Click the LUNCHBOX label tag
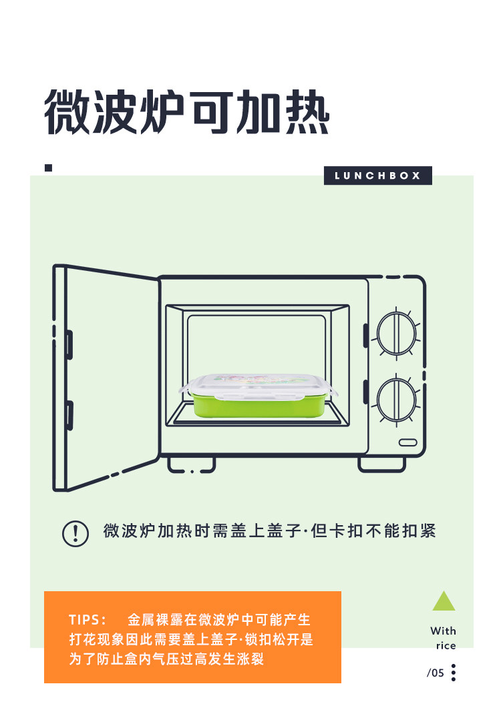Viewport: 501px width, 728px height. tap(377, 175)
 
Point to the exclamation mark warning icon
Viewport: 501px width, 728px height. tap(75, 532)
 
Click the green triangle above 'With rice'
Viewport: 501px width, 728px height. tap(444, 601)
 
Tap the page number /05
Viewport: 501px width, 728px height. tap(436, 673)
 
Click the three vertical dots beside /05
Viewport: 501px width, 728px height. tap(454, 673)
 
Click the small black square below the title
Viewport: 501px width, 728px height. tap(48, 167)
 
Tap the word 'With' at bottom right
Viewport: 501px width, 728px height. tap(444, 631)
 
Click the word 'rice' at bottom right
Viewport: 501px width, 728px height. tap(446, 645)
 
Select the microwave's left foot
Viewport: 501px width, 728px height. tap(191, 464)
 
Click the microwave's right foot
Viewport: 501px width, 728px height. tap(381, 464)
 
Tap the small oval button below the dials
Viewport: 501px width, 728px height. tap(407, 442)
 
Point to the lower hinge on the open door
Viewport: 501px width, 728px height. tap(69, 415)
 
